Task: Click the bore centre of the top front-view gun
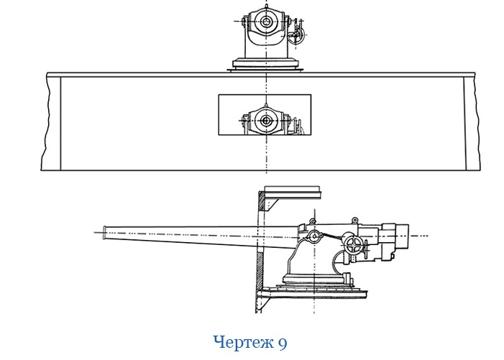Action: (x=266, y=22)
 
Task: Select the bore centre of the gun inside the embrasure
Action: (x=265, y=119)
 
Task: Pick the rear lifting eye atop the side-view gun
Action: (x=354, y=219)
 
